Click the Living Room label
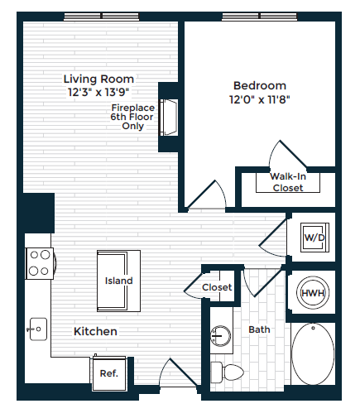[x=98, y=79]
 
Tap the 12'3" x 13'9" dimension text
[x=98, y=92]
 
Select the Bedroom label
[x=260, y=85]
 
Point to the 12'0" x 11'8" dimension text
[x=260, y=99]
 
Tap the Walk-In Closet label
[x=288, y=182]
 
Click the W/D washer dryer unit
[x=314, y=238]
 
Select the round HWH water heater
[x=313, y=293]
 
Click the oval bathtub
[x=313, y=354]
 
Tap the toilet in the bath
[x=227, y=372]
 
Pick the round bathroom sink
[x=220, y=336]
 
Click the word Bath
[x=259, y=329]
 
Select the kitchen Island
[x=118, y=281]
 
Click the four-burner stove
[x=39, y=263]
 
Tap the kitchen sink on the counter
[x=38, y=329]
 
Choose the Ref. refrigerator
[x=109, y=373]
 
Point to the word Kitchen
[x=95, y=331]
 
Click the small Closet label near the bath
[x=217, y=287]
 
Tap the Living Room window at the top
[x=102, y=17]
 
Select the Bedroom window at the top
[x=260, y=17]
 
